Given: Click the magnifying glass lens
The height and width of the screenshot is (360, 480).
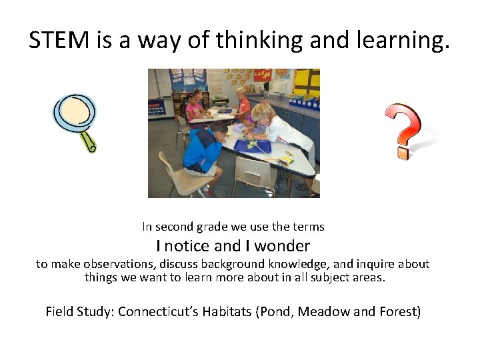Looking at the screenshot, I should coord(73,111).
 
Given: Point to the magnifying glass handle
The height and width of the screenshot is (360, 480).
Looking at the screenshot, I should coord(89,141).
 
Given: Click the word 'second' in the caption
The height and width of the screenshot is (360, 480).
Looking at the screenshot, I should coord(175,227).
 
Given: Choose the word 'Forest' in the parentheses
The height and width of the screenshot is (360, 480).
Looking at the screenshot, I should coord(397,311).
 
